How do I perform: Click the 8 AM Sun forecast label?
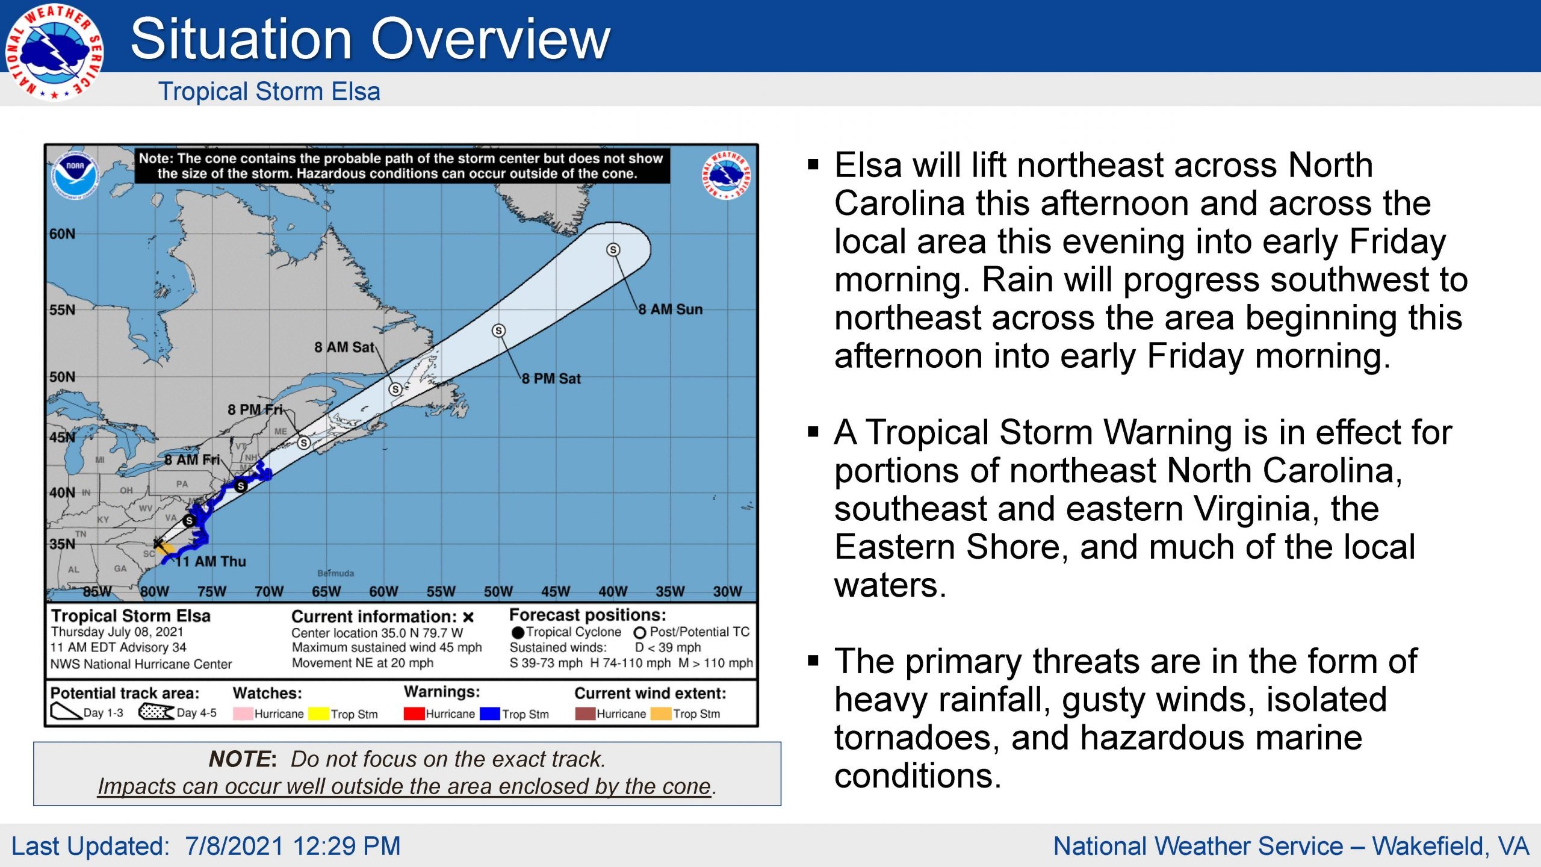(x=670, y=309)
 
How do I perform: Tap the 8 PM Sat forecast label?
(x=551, y=379)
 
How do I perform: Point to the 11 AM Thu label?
(x=211, y=562)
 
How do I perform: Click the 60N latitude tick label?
(x=63, y=234)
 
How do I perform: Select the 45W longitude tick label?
(x=555, y=592)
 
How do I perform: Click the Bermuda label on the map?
(x=336, y=573)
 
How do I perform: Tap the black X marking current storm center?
(x=158, y=544)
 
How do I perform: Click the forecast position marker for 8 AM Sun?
(x=613, y=249)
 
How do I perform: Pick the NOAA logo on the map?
(x=75, y=175)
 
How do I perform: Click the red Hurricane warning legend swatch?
(x=414, y=713)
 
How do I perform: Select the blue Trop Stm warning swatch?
(x=490, y=713)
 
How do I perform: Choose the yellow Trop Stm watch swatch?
(x=318, y=713)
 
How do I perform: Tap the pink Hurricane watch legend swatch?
(x=243, y=713)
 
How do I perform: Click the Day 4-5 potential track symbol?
(x=157, y=712)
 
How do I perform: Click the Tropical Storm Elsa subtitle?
(x=269, y=92)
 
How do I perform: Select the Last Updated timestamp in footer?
(x=206, y=846)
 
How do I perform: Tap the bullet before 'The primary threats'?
(x=813, y=661)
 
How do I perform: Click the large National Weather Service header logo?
(x=54, y=52)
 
